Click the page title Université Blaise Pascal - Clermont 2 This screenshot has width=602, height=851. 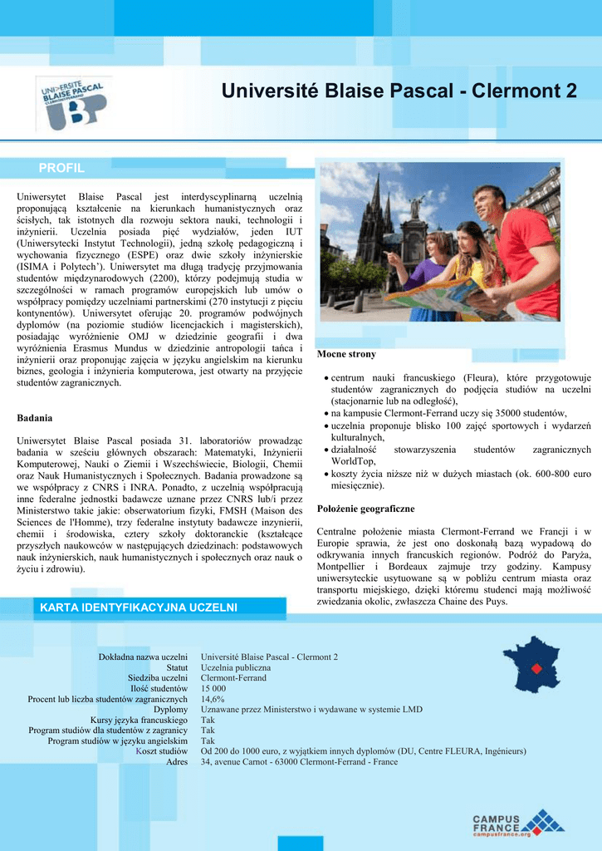(x=399, y=91)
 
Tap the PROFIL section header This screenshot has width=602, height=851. (x=61, y=169)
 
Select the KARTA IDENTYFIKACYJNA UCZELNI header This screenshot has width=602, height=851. (x=139, y=608)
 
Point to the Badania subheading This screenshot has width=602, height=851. (x=35, y=417)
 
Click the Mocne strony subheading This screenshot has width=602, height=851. (x=346, y=354)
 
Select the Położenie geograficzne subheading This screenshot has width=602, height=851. (x=365, y=507)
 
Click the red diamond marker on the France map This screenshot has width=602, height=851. (x=536, y=668)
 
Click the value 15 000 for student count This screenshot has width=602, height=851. (x=213, y=689)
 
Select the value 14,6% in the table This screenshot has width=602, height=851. (x=213, y=699)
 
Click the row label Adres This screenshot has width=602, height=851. (x=177, y=761)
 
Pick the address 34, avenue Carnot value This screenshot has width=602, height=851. (x=299, y=761)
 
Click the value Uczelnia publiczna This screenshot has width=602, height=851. (x=236, y=667)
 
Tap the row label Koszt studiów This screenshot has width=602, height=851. (x=162, y=751)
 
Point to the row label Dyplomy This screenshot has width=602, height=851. (x=170, y=710)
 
